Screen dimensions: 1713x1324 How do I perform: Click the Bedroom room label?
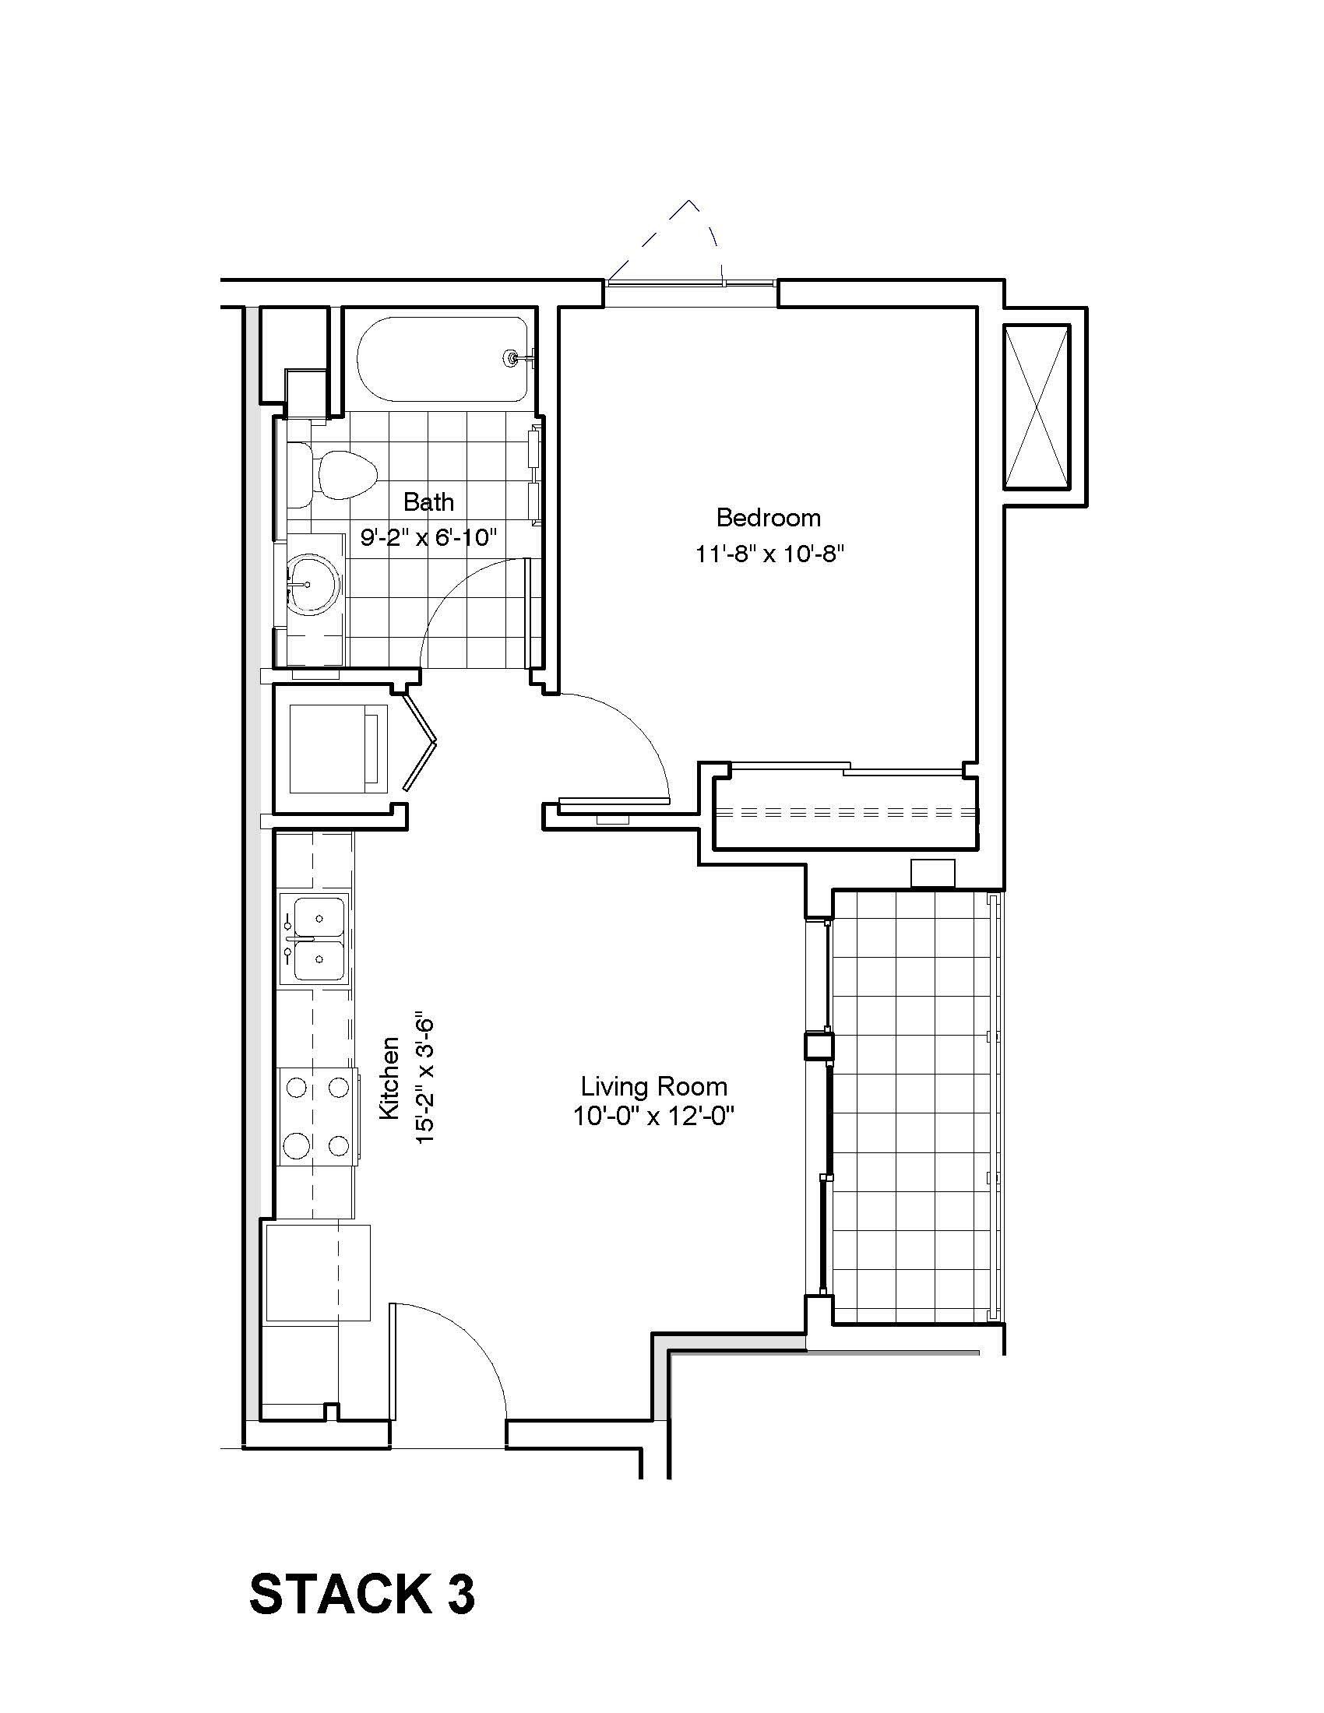tap(768, 518)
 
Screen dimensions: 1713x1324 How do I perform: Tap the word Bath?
tap(428, 501)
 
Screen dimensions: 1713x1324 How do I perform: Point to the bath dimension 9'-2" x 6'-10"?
tap(428, 537)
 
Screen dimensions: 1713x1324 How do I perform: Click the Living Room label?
tap(653, 1086)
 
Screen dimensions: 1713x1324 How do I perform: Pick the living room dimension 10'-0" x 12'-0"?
tap(653, 1116)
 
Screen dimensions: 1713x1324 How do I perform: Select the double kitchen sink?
tap(319, 939)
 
